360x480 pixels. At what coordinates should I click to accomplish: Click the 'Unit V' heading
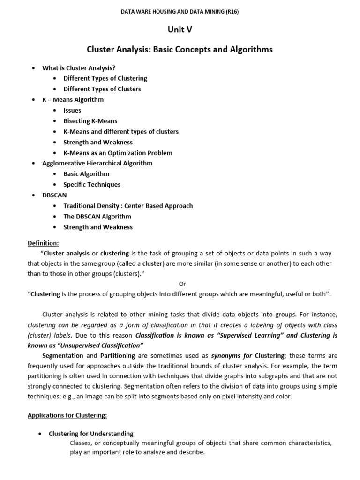180,30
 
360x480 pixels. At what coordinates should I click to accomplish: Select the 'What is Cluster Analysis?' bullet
79,68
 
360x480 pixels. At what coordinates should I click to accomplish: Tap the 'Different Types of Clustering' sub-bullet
105,78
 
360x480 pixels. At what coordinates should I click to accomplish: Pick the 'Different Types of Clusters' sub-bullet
102,89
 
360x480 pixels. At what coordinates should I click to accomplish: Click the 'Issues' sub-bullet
72,110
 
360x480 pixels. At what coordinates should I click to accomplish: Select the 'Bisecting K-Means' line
90,121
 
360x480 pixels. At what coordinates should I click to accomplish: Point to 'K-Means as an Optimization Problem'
118,153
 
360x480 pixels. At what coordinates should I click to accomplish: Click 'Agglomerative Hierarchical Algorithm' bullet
97,163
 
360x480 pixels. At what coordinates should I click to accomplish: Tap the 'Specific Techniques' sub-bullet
92,185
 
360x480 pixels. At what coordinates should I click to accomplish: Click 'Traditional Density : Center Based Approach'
128,206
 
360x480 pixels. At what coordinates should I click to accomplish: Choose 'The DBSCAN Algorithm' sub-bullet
97,217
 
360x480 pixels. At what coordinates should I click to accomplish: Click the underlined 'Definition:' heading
44,243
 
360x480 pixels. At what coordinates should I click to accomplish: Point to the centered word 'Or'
183,284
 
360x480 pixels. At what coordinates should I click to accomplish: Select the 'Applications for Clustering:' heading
67,415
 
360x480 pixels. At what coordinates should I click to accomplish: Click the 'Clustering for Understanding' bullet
91,434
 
